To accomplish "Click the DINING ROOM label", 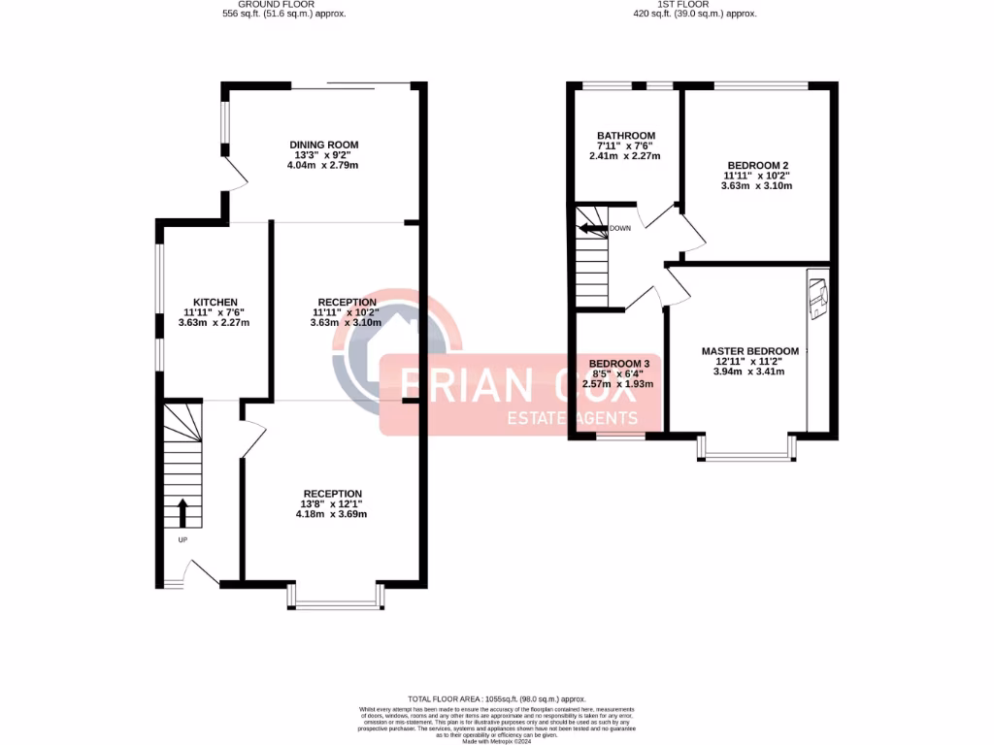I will click(x=323, y=146).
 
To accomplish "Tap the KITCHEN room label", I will click(x=215, y=303).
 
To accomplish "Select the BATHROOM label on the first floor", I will click(x=625, y=136).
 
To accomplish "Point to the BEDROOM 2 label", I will click(x=756, y=165).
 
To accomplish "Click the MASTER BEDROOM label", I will click(x=749, y=351).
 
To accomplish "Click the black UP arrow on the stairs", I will click(x=182, y=511).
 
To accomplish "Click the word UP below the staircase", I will click(x=182, y=539).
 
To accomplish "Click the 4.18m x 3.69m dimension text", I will click(x=332, y=514).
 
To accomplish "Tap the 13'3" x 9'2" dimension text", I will click(x=323, y=155).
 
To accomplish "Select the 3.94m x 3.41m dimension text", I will click(x=749, y=372).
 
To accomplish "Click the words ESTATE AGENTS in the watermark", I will click(x=574, y=419).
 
